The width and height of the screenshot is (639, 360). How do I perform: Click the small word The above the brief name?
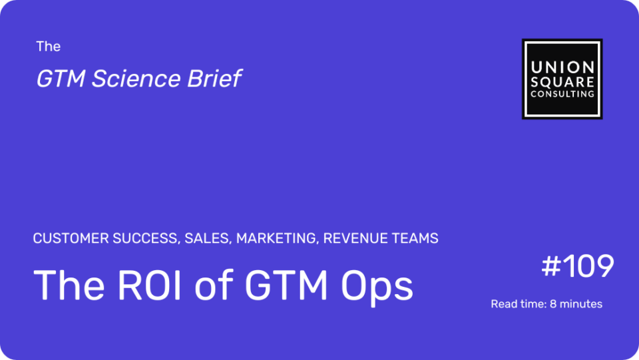pos(48,47)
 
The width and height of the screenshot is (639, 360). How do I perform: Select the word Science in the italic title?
pos(135,79)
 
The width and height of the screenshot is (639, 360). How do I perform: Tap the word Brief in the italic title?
pos(214,79)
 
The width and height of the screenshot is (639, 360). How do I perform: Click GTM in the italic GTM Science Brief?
pos(61,79)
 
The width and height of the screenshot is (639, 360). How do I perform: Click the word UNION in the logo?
pos(562,67)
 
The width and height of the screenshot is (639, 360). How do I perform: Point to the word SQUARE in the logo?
pos(562,82)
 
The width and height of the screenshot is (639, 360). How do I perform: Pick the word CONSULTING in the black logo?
pos(562,94)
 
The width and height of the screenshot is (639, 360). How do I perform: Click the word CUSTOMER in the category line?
pos(71,238)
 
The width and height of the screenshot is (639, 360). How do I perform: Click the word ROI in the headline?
pos(149,285)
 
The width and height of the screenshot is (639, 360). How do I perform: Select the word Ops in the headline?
pos(377,287)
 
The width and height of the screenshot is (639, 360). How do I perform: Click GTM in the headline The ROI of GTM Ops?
pos(286,285)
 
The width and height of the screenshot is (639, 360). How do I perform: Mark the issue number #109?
pos(578,266)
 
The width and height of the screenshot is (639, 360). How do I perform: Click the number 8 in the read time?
pos(553,304)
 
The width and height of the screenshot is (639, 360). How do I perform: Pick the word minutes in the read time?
pos(581,304)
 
